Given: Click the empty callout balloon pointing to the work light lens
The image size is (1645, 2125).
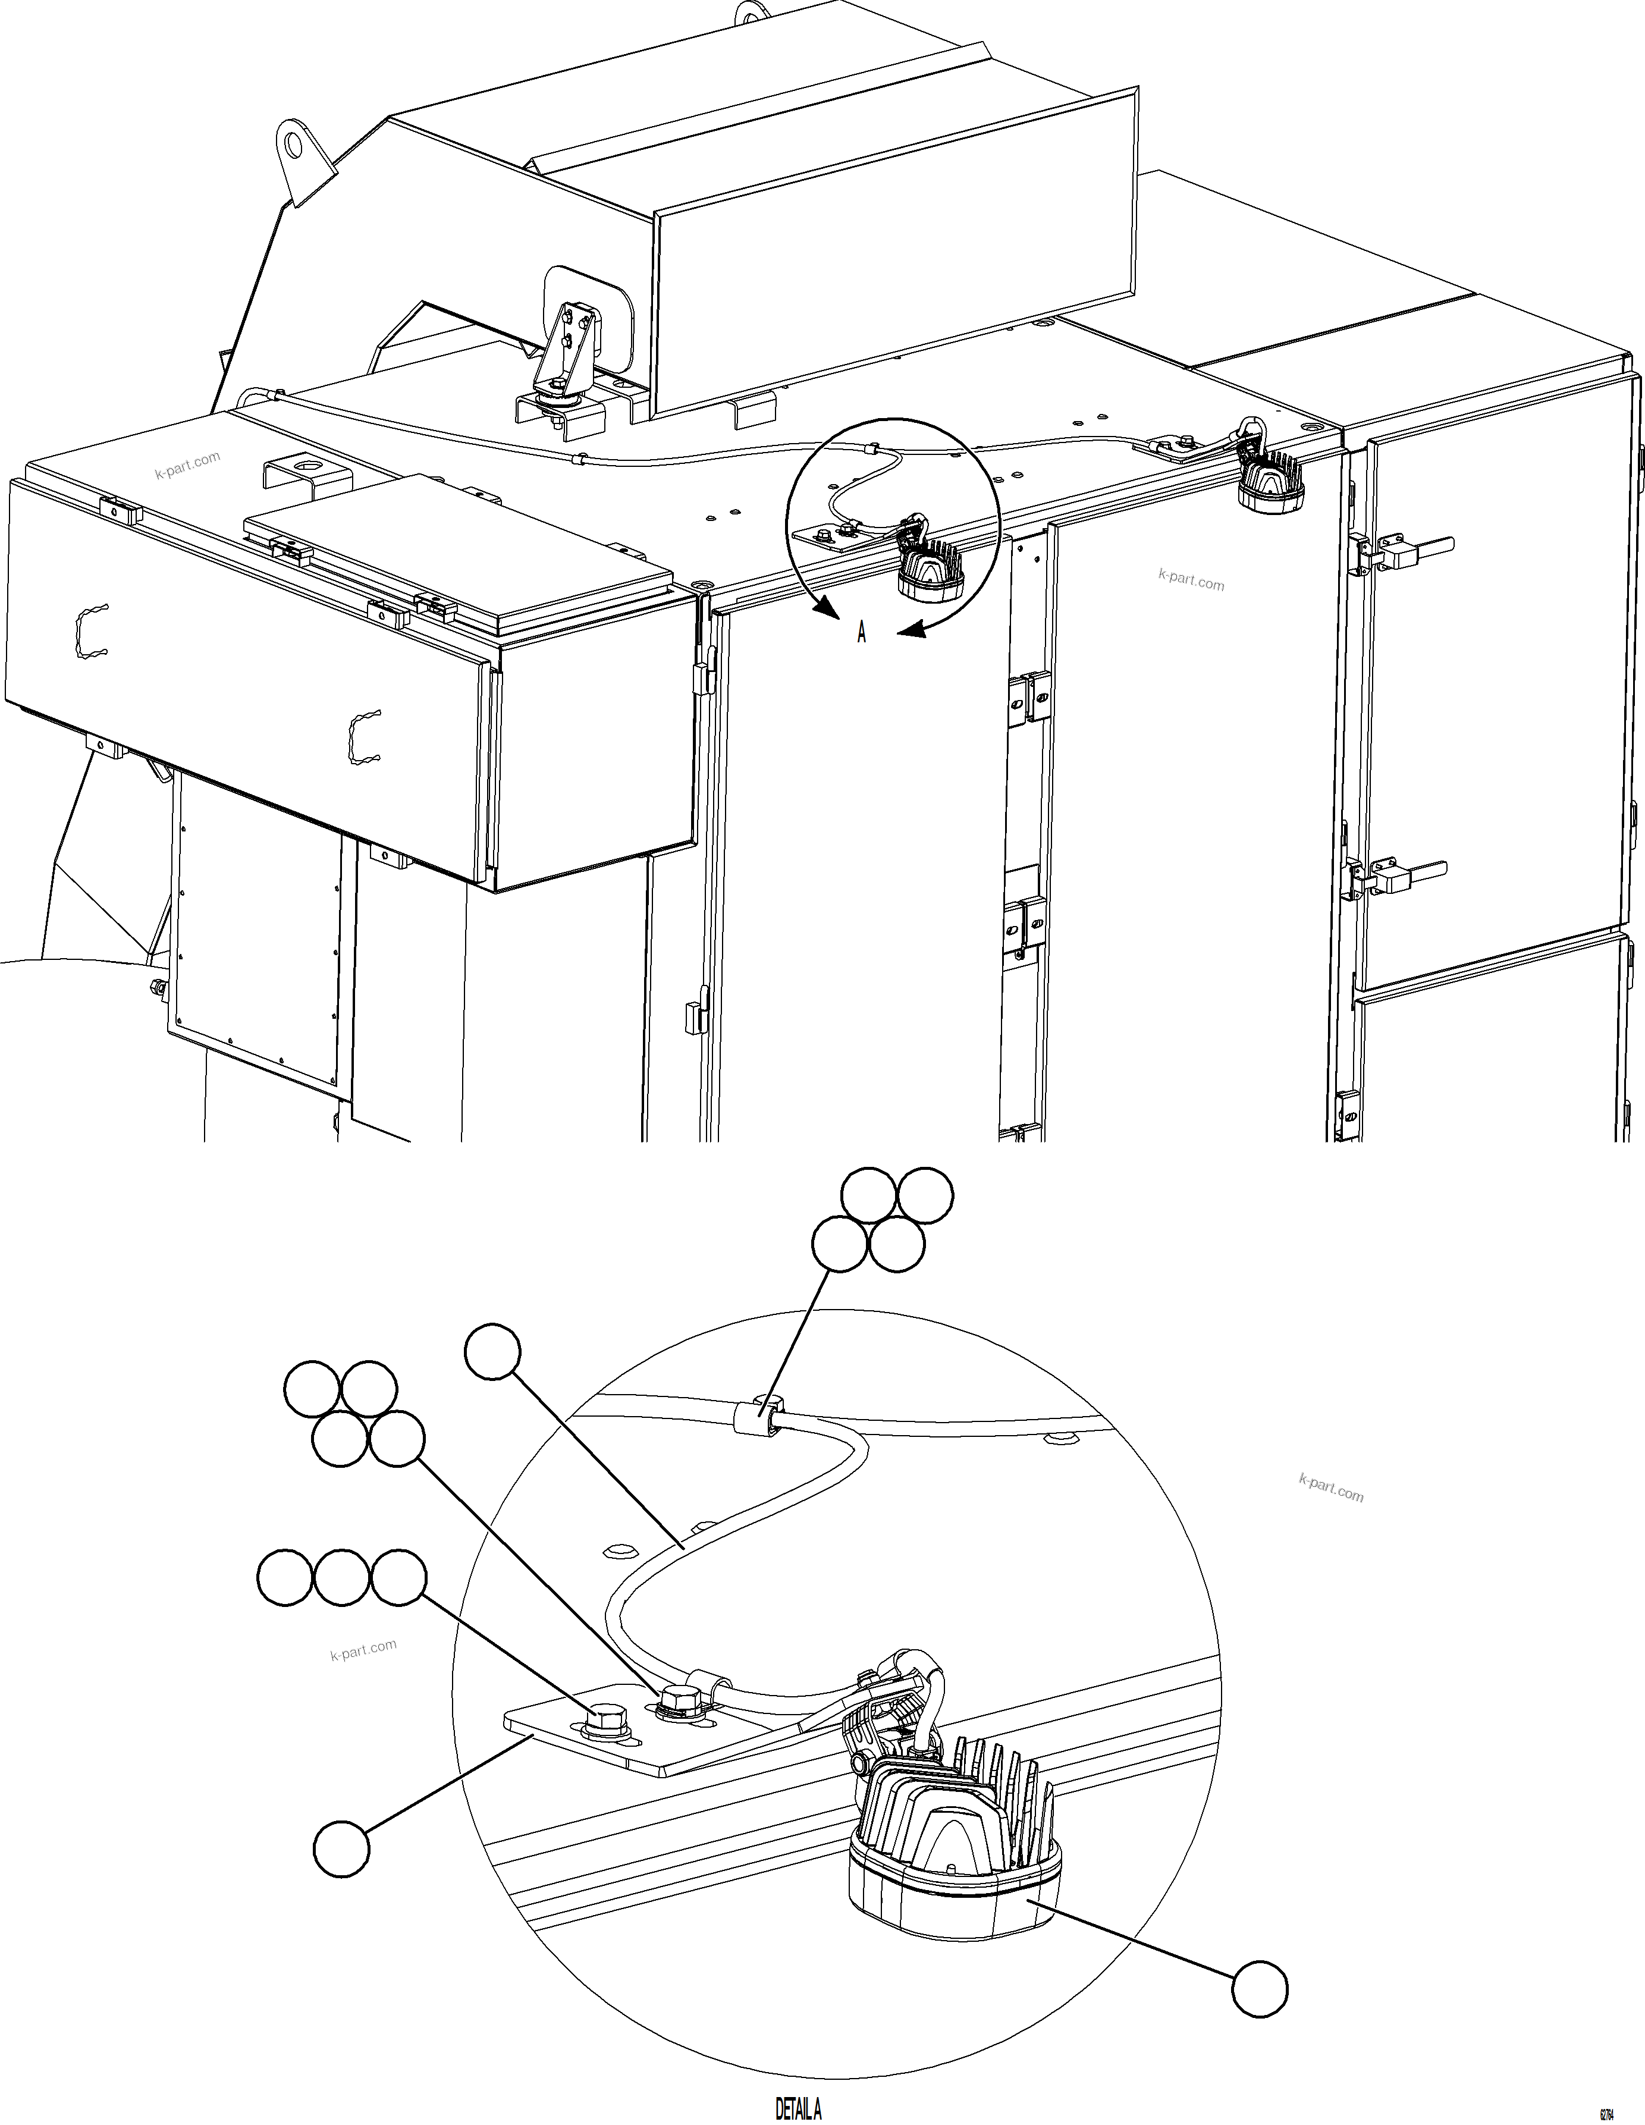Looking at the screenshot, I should [x=1259, y=1990].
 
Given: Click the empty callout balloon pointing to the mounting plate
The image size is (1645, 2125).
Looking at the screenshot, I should [x=341, y=1848].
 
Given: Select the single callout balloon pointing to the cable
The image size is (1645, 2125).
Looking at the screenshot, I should [x=493, y=1351].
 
